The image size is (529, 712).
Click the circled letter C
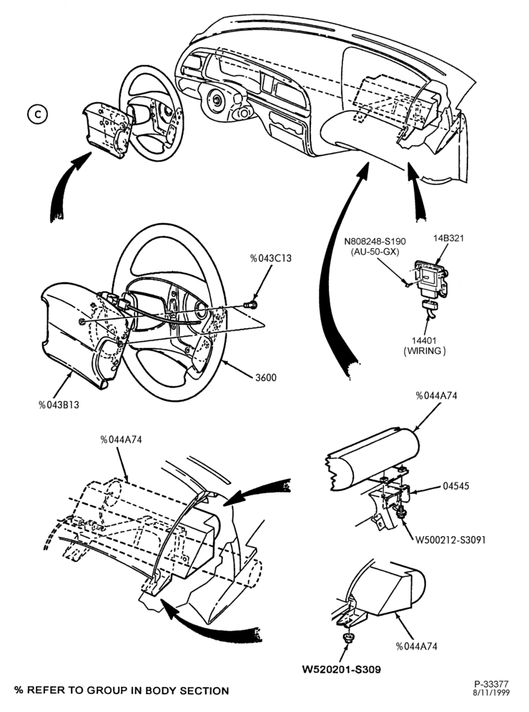coord(37,114)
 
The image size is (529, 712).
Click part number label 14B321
coord(448,238)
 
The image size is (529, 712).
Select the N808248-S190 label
coord(375,242)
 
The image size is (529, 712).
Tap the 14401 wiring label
coord(424,345)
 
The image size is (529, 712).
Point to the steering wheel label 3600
coord(266,377)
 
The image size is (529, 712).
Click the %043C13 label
coord(271,258)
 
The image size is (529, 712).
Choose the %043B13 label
coord(59,405)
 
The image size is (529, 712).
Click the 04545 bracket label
coord(456,486)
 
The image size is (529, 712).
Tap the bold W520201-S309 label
coord(342,669)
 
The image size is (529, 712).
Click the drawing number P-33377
coord(492,684)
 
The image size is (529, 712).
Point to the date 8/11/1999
coord(492,693)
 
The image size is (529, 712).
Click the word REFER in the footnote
coord(46,691)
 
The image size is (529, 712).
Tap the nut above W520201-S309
coord(349,638)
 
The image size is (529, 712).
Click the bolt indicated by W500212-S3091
coord(401,513)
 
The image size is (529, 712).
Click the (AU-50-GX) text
coord(375,251)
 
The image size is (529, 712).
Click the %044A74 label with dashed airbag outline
coord(122,439)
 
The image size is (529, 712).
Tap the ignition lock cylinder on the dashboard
coord(217,99)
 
